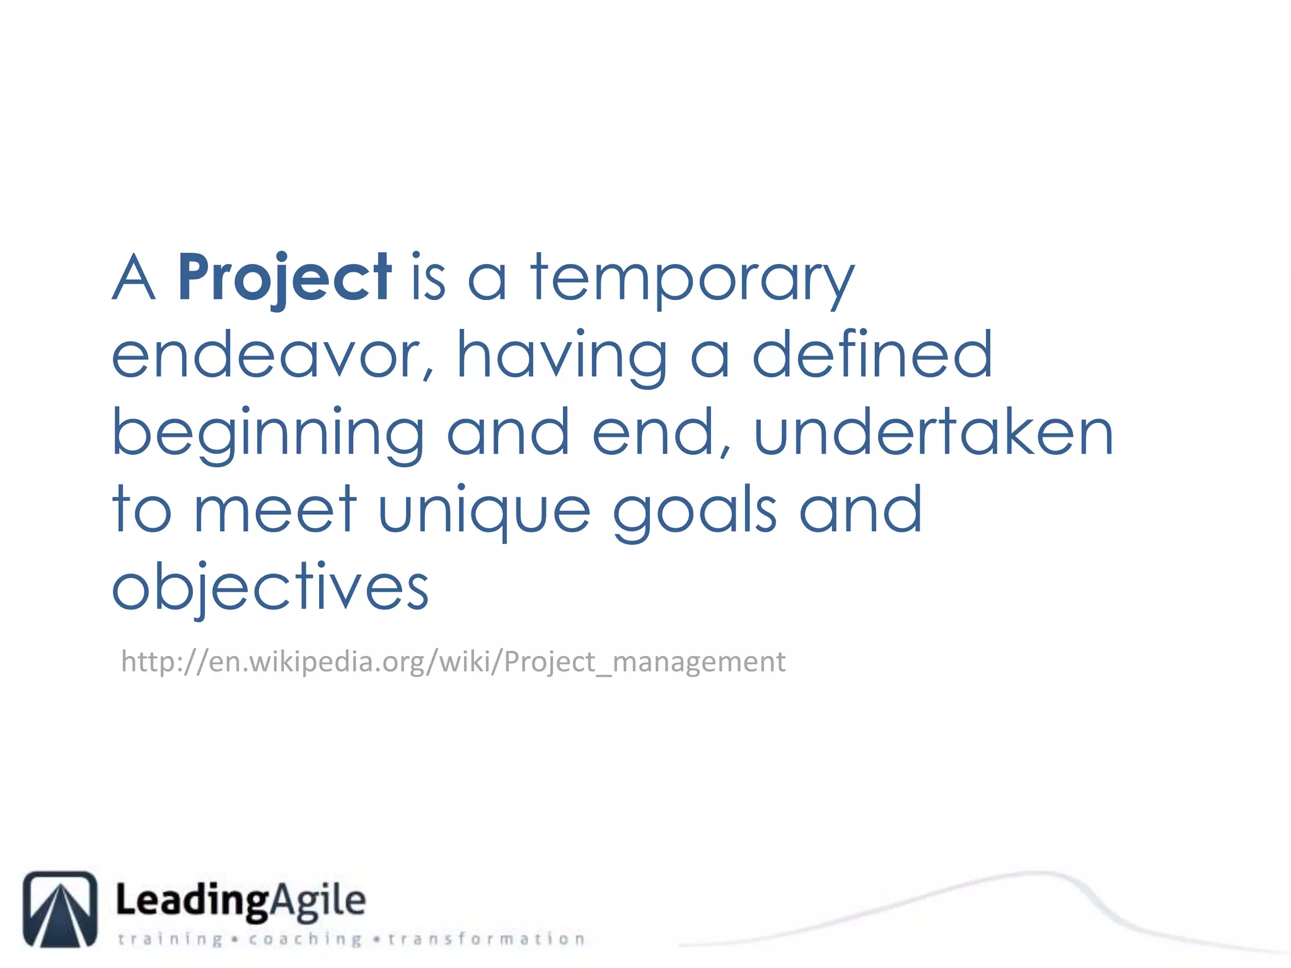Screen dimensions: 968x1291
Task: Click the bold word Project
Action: click(x=284, y=278)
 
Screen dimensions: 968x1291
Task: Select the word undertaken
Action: click(x=934, y=432)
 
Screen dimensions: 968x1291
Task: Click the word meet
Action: click(x=275, y=510)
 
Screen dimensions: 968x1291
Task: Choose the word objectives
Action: click(x=270, y=588)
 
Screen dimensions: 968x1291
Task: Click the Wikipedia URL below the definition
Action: click(x=453, y=662)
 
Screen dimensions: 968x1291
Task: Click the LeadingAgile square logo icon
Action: click(x=61, y=909)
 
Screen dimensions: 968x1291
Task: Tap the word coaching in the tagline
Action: click(x=305, y=940)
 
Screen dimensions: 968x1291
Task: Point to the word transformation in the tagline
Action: click(x=487, y=940)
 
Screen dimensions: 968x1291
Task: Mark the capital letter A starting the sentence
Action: click(x=133, y=278)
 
